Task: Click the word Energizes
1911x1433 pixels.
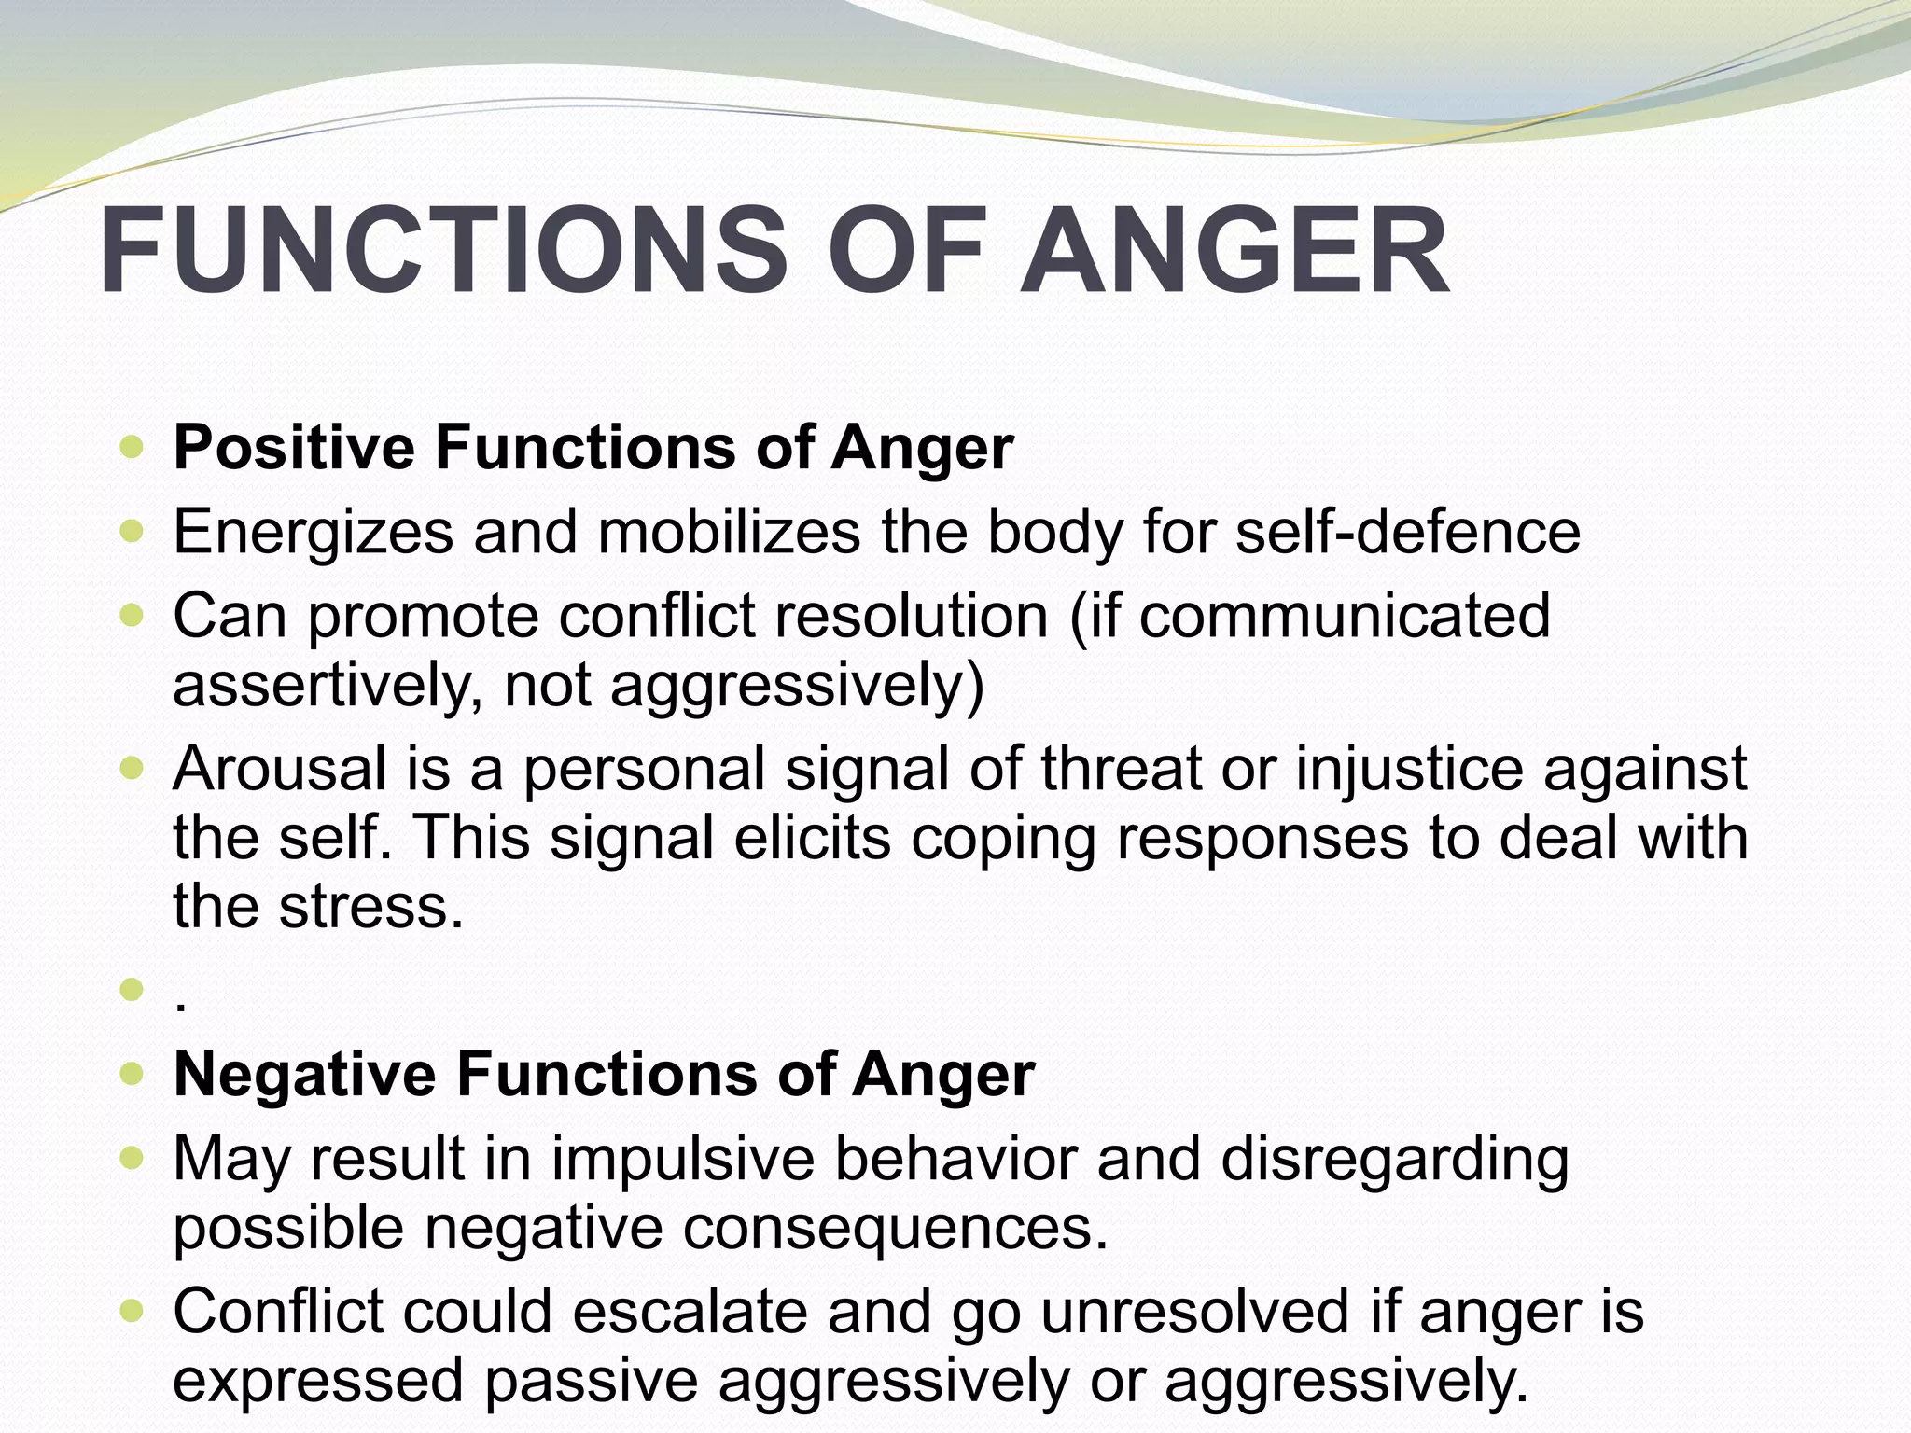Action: pyautogui.click(x=313, y=533)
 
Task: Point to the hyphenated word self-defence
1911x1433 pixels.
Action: pyautogui.click(x=1408, y=533)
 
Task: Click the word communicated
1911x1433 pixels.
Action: pyautogui.click(x=1345, y=616)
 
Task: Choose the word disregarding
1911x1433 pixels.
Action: pyautogui.click(x=1394, y=1159)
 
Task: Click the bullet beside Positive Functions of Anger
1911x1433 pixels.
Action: pyautogui.click(x=132, y=447)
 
